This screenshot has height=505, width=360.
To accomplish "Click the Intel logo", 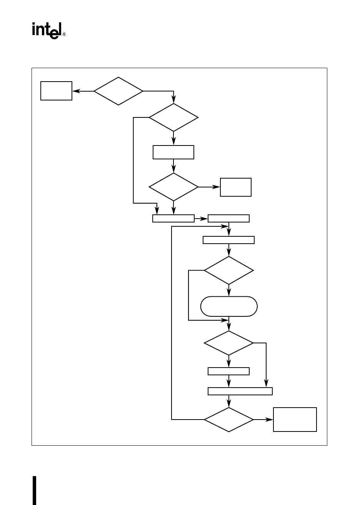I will click(x=46, y=30).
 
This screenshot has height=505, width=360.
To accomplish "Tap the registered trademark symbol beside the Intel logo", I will click(x=64, y=34).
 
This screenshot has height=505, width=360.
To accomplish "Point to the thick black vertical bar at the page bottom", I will click(x=35, y=490).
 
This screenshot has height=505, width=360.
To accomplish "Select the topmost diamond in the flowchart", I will click(x=118, y=91).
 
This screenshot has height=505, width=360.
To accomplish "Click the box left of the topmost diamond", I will click(x=56, y=91).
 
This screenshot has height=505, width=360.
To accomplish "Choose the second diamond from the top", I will click(x=173, y=117).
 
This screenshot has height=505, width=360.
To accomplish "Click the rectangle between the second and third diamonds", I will click(x=173, y=152).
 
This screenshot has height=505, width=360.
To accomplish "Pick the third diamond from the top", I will click(x=173, y=187).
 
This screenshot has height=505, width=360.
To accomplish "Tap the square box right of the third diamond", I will click(x=236, y=187).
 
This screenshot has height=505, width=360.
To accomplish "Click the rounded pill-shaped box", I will click(x=229, y=306).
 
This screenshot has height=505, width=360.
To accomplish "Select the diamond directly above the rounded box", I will click(x=229, y=270).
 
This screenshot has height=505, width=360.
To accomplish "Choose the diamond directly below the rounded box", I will click(x=229, y=343).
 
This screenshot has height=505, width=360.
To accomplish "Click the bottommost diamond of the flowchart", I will click(x=229, y=419).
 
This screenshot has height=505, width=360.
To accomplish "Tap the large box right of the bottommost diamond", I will click(x=295, y=419).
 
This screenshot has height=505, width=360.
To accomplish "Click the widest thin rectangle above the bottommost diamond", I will click(x=240, y=391).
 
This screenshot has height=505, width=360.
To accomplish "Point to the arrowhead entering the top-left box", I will click(x=75, y=91).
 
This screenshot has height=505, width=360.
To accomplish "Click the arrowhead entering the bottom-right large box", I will click(x=270, y=419).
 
